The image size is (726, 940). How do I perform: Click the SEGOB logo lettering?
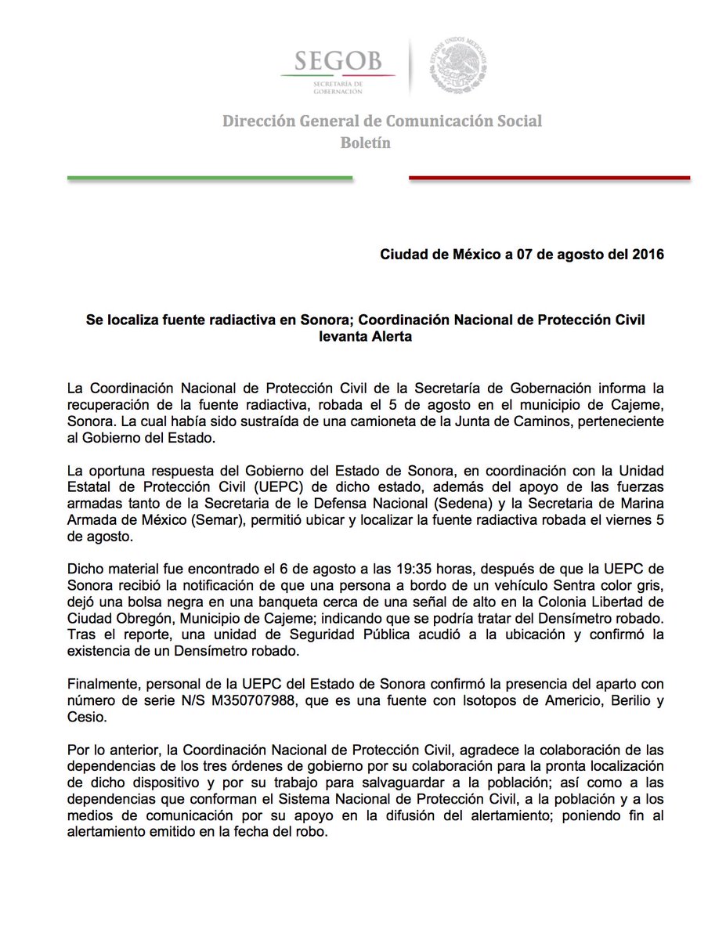click(339, 60)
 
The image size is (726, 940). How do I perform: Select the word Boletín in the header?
click(365, 143)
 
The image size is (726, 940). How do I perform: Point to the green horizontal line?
click(210, 179)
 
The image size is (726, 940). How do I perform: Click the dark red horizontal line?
click(549, 179)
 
